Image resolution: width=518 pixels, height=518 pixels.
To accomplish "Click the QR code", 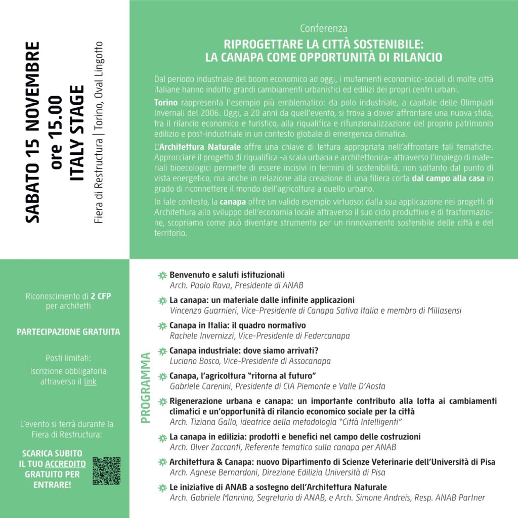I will click(106, 471).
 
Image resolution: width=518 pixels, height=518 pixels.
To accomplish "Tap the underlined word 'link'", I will click(90, 381).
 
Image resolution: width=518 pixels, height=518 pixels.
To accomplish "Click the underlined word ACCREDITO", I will click(65, 464).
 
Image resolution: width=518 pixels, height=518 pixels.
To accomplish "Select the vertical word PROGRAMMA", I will click(146, 387).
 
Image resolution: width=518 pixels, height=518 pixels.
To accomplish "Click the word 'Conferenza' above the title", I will click(323, 28).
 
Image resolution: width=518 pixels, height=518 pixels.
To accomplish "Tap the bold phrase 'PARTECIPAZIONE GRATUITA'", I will click(68, 332).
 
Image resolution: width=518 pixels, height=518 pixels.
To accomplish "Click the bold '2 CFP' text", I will click(101, 296).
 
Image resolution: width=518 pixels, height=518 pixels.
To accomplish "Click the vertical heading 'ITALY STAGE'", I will click(77, 133).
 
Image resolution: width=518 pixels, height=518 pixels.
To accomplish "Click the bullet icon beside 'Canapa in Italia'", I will click(162, 326).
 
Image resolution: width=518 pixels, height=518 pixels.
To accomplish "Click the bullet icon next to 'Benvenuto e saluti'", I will click(162, 276).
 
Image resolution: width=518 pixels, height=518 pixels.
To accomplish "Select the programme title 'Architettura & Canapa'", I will click(207, 462).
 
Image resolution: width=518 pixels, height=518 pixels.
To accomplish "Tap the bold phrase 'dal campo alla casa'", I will click(448, 179).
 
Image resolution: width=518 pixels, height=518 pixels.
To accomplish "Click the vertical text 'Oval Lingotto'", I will click(99, 64).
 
